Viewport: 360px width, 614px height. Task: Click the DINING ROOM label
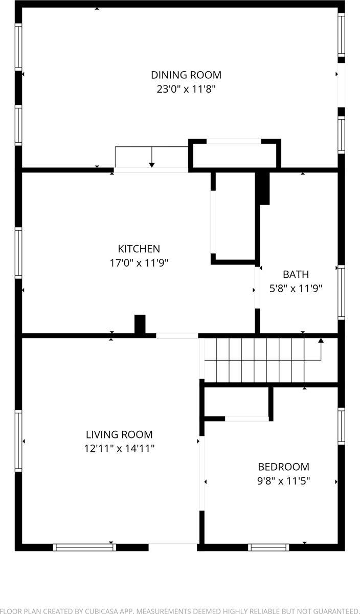coord(186,75)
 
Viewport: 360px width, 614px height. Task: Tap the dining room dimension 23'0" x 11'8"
coord(186,89)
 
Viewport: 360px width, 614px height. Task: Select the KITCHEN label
coord(139,249)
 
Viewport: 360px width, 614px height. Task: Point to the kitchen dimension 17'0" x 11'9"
coord(139,262)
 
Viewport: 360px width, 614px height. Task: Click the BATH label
coord(296,274)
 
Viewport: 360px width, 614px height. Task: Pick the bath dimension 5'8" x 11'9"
coord(296,288)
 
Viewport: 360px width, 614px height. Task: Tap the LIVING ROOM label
coord(119,434)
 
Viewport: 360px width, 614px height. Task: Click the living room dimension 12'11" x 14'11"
coord(119,448)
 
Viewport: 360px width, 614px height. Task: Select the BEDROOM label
coord(283,467)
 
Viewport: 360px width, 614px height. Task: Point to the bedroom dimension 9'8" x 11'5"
coord(283,480)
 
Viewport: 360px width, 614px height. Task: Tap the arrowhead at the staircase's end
coord(321,340)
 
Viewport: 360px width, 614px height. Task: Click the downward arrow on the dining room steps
coord(152,164)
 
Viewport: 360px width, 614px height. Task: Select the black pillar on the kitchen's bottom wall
coord(140,325)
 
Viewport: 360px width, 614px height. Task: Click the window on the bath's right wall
coord(341,292)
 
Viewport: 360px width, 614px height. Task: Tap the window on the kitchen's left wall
coord(19,253)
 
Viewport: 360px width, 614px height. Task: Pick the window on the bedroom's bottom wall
coord(268,547)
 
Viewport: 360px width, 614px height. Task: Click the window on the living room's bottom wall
coord(84,547)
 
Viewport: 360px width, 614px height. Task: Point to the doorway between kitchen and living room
coord(177,336)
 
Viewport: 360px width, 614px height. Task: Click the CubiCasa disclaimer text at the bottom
coord(180,610)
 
